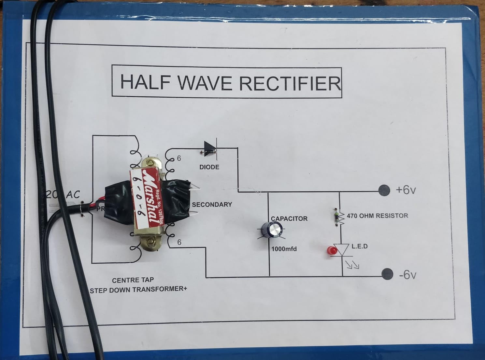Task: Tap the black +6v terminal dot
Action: pyautogui.click(x=384, y=190)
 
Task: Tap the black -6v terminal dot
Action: pyautogui.click(x=387, y=274)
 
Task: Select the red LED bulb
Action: pyautogui.click(x=332, y=251)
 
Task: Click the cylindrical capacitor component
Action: pyautogui.click(x=274, y=230)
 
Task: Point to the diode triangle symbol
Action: pyautogui.click(x=210, y=148)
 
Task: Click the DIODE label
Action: pyautogui.click(x=209, y=167)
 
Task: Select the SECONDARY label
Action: pyautogui.click(x=212, y=204)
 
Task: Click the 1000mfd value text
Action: pyautogui.click(x=284, y=249)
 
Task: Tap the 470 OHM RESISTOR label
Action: pyautogui.click(x=377, y=215)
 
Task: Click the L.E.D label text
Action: pyautogui.click(x=360, y=246)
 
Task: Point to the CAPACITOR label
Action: pyautogui.click(x=289, y=219)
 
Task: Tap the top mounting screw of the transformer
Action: pyautogui.click(x=150, y=164)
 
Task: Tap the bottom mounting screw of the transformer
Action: pyautogui.click(x=151, y=242)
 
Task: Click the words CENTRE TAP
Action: pyautogui.click(x=133, y=280)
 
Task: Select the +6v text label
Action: pyautogui.click(x=406, y=190)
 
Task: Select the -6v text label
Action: pyautogui.click(x=407, y=275)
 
